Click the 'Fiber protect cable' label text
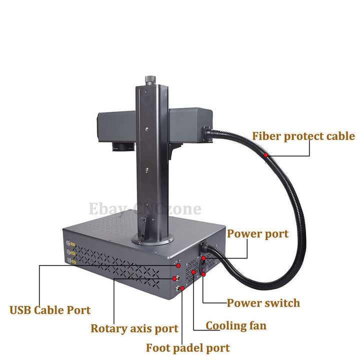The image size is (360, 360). tap(303, 136)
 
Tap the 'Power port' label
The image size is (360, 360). tap(257, 234)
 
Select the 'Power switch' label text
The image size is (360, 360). tap(263, 303)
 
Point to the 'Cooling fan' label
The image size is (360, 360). tap(236, 326)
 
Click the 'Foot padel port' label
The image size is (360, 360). tap(188, 348)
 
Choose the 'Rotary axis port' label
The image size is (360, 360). tap(134, 328)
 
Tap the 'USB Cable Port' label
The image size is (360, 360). tap(50, 310)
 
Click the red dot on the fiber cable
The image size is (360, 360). tap(265, 155)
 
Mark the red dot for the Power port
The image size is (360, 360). tap(203, 258)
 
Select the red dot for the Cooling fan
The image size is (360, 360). tap(193, 272)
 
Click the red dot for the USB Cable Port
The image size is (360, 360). tap(178, 265)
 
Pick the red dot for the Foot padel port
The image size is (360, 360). tap(182, 288)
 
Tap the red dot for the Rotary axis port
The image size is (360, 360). tap(174, 278)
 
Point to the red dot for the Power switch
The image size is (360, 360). tap(203, 274)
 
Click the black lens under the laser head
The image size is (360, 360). tap(123, 146)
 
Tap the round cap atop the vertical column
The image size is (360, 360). tap(150, 80)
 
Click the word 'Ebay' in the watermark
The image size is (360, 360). tap(107, 208)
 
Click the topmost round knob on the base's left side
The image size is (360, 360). tap(68, 243)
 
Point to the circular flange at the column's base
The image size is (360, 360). tap(153, 240)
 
